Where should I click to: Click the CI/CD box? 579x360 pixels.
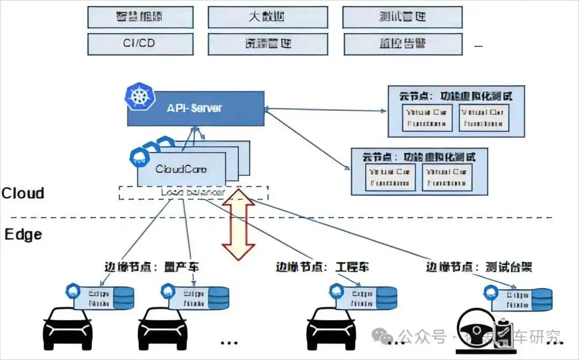139,43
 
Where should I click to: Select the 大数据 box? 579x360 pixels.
268,17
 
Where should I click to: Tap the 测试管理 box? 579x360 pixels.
402,17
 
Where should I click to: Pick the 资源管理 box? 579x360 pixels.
268,43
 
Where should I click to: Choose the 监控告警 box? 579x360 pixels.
402,43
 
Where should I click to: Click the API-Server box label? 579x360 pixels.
194,108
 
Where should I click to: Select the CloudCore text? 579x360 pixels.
181,169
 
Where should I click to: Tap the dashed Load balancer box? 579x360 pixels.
193,192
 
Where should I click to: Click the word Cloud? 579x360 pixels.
23,193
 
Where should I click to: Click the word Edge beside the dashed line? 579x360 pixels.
23,235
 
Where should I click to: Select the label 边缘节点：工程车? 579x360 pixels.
322,267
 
